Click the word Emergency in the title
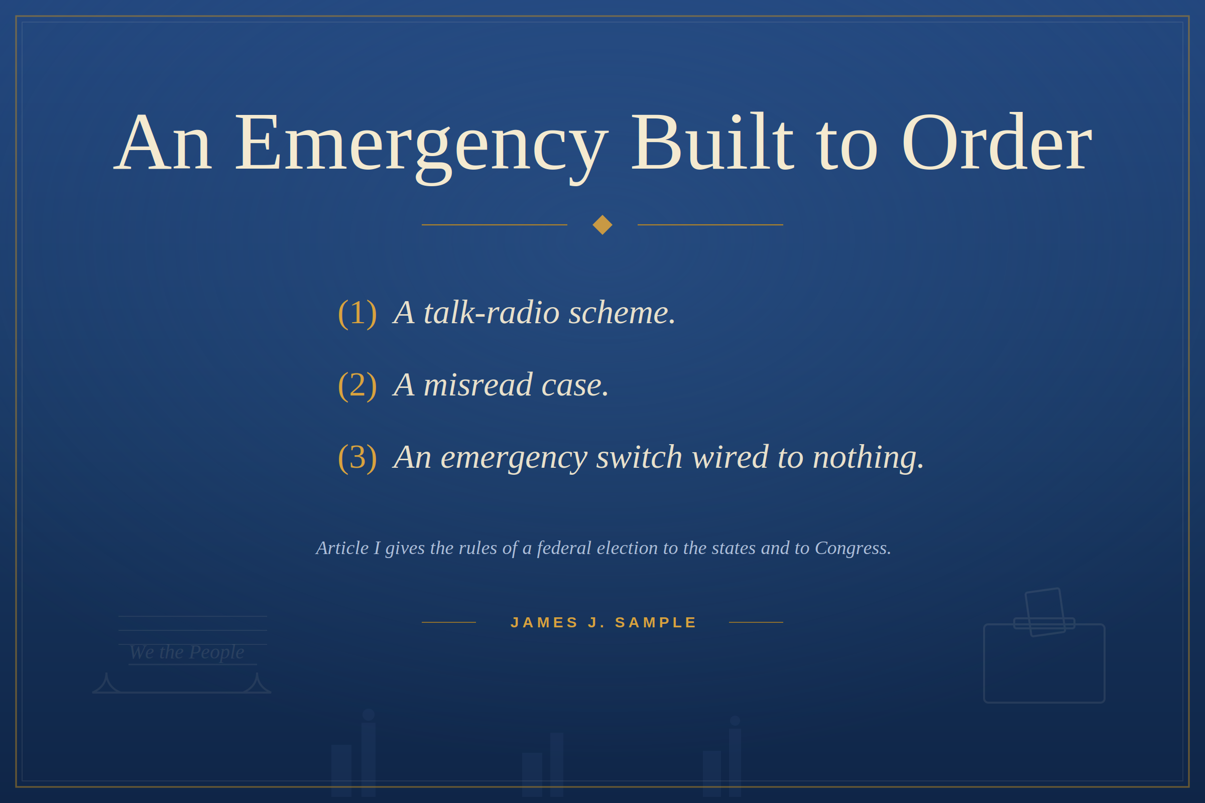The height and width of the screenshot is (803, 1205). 421,147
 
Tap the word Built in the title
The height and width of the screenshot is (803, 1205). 712,142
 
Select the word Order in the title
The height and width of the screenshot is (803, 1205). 997,142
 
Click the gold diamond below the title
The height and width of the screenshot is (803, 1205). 602,225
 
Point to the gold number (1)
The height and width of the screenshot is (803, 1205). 357,312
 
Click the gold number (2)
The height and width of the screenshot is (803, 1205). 357,384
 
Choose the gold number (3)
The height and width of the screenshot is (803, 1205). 357,457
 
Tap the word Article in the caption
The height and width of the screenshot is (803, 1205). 342,548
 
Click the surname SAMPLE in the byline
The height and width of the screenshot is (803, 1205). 655,623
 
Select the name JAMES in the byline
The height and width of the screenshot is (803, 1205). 545,623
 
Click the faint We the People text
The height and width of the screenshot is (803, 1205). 187,652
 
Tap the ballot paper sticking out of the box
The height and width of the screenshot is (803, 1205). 1045,612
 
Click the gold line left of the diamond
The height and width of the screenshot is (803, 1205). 495,225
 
